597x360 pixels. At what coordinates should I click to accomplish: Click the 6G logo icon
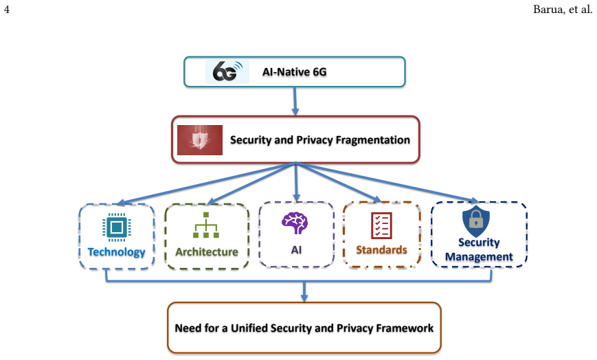227,71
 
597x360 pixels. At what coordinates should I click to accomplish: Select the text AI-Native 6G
294,72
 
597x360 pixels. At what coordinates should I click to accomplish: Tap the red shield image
200,140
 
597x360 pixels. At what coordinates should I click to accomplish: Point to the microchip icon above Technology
117,227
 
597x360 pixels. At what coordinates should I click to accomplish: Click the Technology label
117,252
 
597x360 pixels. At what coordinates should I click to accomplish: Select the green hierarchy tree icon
206,225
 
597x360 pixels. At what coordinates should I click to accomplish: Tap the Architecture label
207,252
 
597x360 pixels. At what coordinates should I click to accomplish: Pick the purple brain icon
295,223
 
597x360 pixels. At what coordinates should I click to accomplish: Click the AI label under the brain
296,250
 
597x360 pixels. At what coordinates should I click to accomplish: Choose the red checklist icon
381,225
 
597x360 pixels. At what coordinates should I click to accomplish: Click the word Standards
381,250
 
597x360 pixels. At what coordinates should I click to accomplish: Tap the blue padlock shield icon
476,221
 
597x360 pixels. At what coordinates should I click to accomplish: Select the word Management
479,257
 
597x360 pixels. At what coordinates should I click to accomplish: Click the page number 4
6,9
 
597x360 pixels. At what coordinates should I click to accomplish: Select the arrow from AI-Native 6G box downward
295,101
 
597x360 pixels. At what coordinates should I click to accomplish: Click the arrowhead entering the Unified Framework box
304,297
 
